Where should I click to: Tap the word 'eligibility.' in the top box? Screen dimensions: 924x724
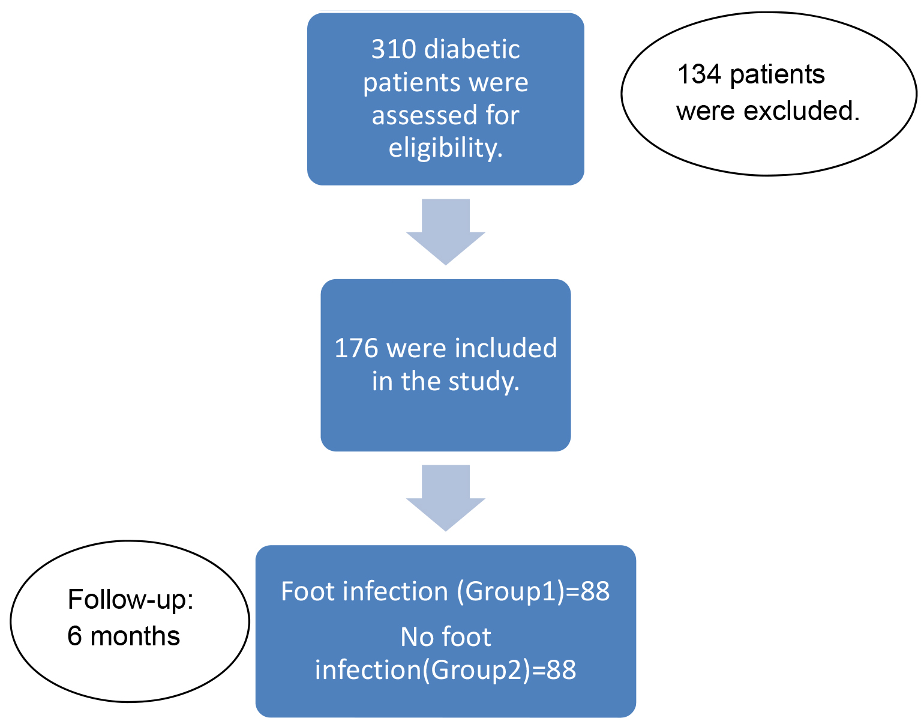tap(446, 148)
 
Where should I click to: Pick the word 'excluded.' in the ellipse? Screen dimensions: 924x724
tap(801, 111)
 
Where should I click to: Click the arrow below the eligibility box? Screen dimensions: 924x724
tap(446, 232)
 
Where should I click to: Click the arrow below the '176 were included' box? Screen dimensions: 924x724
tap(446, 498)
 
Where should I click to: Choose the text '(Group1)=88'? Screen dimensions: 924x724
tap(533, 592)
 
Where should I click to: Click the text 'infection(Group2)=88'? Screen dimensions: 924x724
tap(446, 670)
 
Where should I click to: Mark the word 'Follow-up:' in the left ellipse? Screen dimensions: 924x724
tap(131, 599)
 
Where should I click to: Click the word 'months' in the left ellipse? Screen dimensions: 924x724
tap(135, 636)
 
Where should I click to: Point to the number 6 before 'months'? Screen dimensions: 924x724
tap(74, 636)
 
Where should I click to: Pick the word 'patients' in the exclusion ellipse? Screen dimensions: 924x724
tap(777, 75)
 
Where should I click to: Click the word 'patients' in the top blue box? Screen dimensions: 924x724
tap(445, 82)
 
